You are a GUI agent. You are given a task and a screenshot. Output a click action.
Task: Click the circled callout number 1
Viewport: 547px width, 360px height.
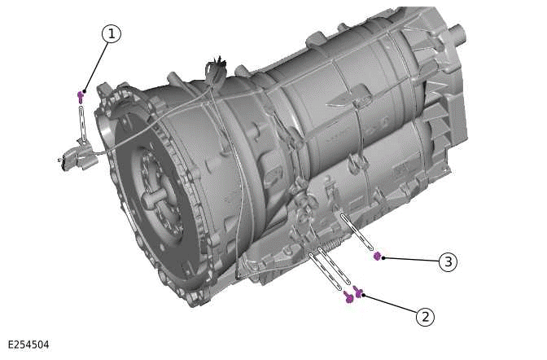tap(112, 33)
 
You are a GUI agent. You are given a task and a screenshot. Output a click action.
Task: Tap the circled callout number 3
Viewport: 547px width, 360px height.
tap(447, 261)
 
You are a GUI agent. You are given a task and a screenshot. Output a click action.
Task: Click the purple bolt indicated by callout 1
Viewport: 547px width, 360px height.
tap(81, 96)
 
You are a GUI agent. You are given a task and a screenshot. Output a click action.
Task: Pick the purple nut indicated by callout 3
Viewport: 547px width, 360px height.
tap(377, 256)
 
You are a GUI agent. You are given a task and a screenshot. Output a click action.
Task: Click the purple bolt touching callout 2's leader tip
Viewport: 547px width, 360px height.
tap(358, 293)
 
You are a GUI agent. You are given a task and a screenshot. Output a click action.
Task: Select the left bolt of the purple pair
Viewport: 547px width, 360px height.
tap(349, 298)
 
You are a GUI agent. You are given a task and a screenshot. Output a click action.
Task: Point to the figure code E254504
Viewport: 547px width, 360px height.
tap(28, 345)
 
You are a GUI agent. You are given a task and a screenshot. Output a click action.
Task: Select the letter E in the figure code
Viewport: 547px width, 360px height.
tap(11, 345)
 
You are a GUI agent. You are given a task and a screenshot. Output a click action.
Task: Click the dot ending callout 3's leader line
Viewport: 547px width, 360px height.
tap(383, 257)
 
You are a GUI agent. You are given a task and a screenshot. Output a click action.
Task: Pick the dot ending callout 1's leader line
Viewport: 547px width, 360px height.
tap(84, 90)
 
